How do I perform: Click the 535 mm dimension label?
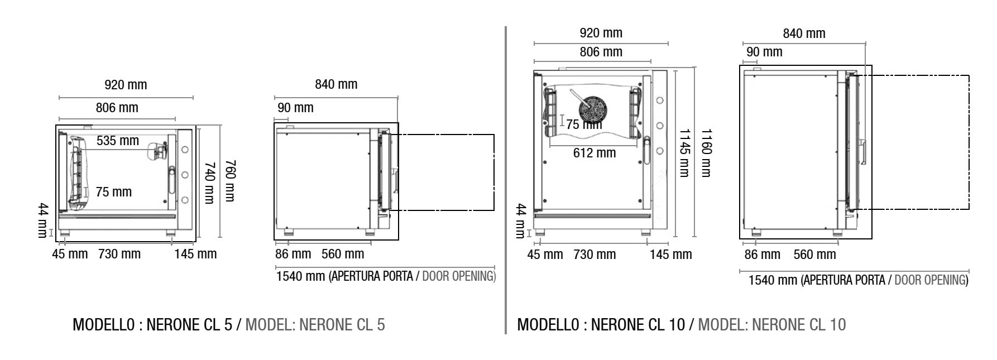(118, 141)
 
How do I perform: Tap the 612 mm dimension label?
(595, 153)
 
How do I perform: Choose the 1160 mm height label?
(706, 153)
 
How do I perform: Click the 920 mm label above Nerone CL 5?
(126, 85)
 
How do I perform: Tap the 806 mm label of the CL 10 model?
(601, 52)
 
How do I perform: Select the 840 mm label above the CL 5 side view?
(336, 84)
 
